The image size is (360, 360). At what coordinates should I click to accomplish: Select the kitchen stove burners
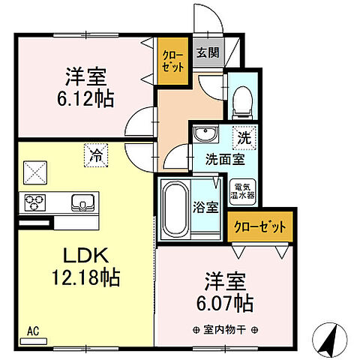tap(35, 201)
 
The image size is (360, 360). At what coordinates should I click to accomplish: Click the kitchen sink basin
tap(82, 202)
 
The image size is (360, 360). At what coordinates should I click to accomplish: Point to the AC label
tap(32, 328)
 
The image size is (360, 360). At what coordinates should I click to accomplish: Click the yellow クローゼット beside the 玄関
tap(173, 60)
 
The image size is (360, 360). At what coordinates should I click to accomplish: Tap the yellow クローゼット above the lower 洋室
tap(259, 225)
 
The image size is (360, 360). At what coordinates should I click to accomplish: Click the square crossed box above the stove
tap(35, 172)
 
